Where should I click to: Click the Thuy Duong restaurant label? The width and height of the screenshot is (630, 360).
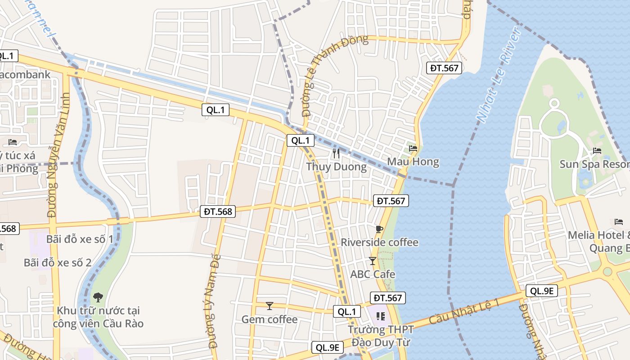[337, 166]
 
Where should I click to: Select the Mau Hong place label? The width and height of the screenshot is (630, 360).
[413, 162]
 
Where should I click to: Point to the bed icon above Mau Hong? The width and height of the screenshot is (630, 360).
[413, 148]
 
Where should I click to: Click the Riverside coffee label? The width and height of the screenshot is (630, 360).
[379, 242]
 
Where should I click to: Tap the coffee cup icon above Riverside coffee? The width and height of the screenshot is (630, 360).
[379, 229]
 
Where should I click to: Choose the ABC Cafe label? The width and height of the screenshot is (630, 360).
[373, 274]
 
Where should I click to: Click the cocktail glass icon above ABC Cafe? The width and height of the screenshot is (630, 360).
[372, 261]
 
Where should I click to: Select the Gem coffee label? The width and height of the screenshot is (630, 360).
[270, 319]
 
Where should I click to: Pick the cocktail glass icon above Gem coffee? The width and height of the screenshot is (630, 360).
[270, 306]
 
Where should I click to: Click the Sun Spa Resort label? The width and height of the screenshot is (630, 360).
[594, 164]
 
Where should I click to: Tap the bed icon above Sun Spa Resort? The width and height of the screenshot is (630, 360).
[597, 151]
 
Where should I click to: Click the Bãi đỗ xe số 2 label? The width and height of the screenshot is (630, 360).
[58, 262]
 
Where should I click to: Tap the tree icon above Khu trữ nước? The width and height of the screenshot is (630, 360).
[98, 297]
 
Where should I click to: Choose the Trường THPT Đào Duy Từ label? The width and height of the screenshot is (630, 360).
[380, 336]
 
